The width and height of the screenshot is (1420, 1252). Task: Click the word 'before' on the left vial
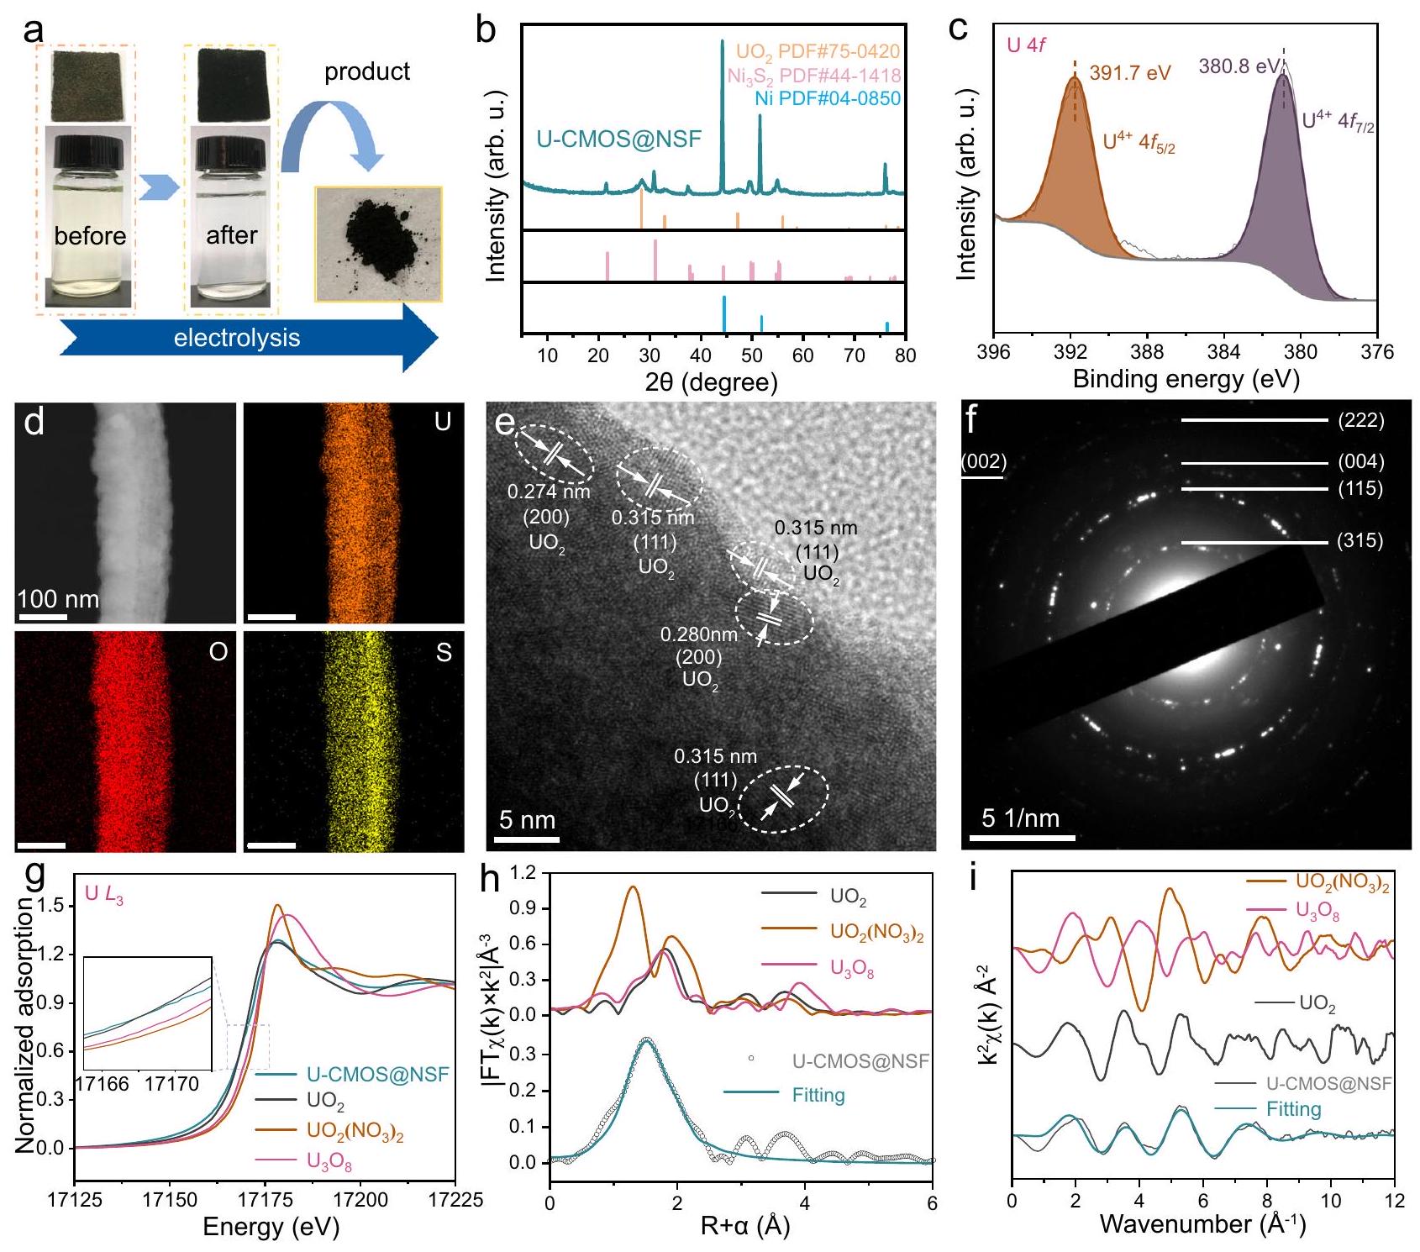[x=90, y=235]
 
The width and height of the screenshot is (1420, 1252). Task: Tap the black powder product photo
[x=378, y=243]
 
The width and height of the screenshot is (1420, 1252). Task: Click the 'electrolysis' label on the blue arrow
[x=237, y=338]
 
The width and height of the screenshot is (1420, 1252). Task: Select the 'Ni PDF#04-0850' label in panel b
[x=827, y=98]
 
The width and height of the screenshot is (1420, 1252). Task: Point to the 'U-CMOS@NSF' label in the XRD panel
[x=619, y=139]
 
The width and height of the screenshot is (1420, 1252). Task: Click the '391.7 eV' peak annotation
[x=1129, y=73]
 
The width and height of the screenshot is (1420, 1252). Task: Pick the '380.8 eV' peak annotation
[x=1239, y=66]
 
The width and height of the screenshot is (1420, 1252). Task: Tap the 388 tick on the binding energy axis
[x=1147, y=352]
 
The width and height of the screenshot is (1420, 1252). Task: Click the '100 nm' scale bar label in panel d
[x=58, y=599]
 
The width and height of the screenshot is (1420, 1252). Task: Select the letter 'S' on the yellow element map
[x=444, y=652]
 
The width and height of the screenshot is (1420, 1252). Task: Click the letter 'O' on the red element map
[x=218, y=652]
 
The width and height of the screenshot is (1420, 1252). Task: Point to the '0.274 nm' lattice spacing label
[x=549, y=492]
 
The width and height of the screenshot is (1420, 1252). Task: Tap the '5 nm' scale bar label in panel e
[x=528, y=820]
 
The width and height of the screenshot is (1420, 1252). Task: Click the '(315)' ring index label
[x=1360, y=540]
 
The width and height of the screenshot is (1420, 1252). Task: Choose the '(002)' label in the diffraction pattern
[x=984, y=461]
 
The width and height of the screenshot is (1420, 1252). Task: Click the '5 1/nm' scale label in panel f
[x=1021, y=818]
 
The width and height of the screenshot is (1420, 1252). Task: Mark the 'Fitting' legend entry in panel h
[x=818, y=1095]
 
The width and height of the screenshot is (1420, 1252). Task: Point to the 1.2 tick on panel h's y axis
[x=523, y=873]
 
